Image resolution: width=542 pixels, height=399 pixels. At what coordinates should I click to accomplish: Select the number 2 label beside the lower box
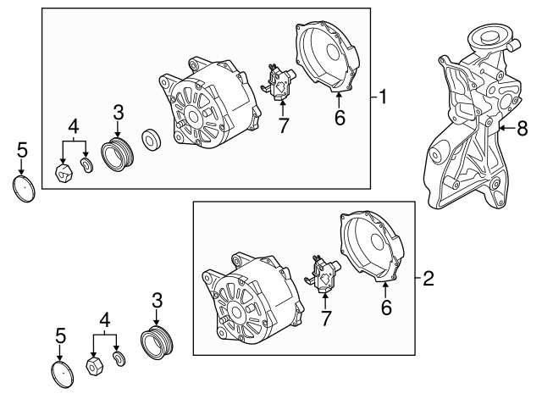428,277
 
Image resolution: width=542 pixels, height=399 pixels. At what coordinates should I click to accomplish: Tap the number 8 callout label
522,129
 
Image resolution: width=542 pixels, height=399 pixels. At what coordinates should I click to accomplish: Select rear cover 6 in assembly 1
330,54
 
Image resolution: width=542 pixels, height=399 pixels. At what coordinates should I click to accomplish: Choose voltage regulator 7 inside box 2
324,273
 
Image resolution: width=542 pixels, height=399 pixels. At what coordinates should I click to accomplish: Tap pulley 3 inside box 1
115,155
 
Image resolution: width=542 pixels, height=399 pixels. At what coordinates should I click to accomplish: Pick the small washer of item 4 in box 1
86,163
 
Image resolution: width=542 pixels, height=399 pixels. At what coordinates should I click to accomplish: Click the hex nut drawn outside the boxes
95,366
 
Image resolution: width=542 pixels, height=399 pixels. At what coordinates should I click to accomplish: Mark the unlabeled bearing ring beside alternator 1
152,140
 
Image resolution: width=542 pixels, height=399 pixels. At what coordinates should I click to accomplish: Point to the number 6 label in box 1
340,119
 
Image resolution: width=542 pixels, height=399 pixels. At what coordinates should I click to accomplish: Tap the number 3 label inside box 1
119,112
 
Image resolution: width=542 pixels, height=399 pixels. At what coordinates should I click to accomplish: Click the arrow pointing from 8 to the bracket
506,129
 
